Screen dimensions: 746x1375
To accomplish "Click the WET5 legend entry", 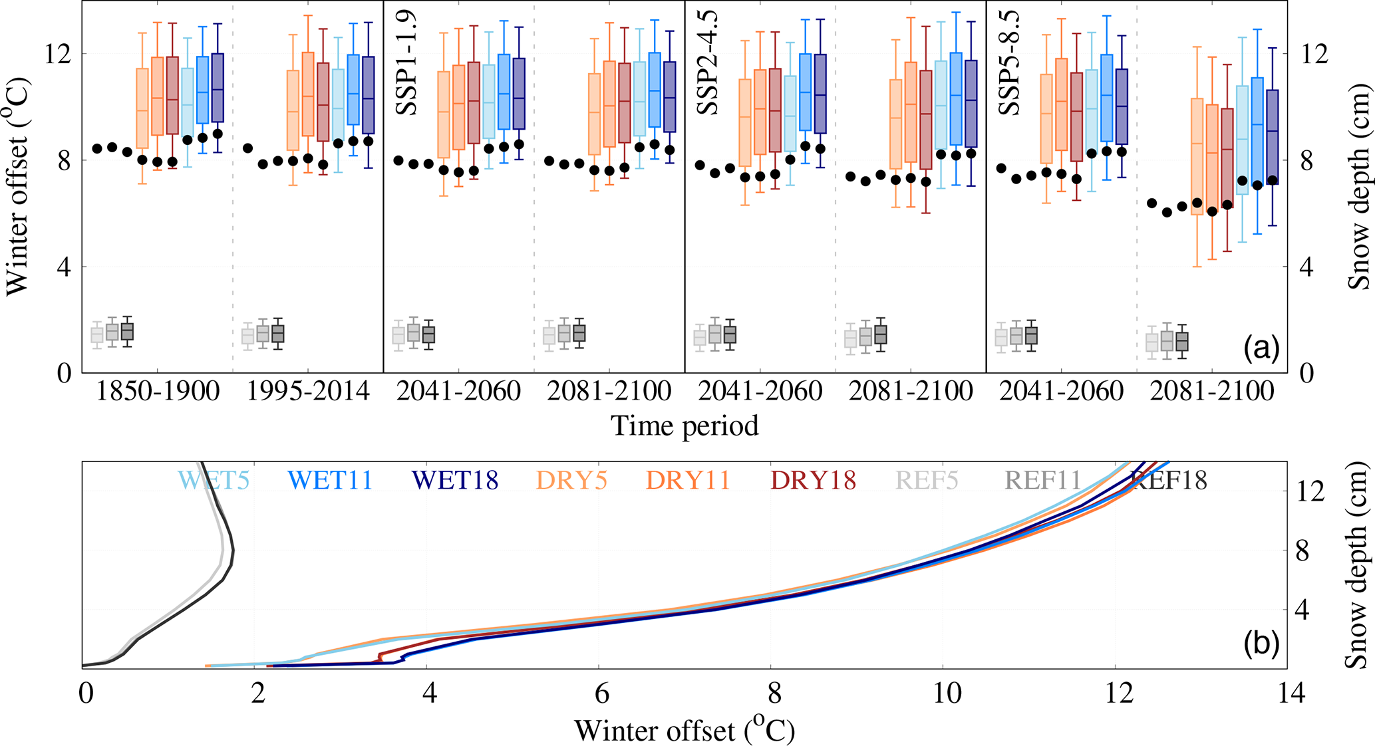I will point(214,480).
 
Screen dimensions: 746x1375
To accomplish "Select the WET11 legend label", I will point(330,480).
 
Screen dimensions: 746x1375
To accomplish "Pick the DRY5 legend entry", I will point(571,480).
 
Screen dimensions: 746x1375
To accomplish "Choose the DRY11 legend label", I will point(688,480).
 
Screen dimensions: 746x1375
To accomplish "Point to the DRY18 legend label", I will point(813,480).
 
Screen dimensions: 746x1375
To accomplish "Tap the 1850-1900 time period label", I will point(158,392).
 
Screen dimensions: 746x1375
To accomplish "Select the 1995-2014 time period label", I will point(308,392).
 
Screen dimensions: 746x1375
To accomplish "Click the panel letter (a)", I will point(1261,348).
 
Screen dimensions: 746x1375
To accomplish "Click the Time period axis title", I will point(685,426).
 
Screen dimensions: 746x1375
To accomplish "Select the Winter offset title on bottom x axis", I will point(685,731).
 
